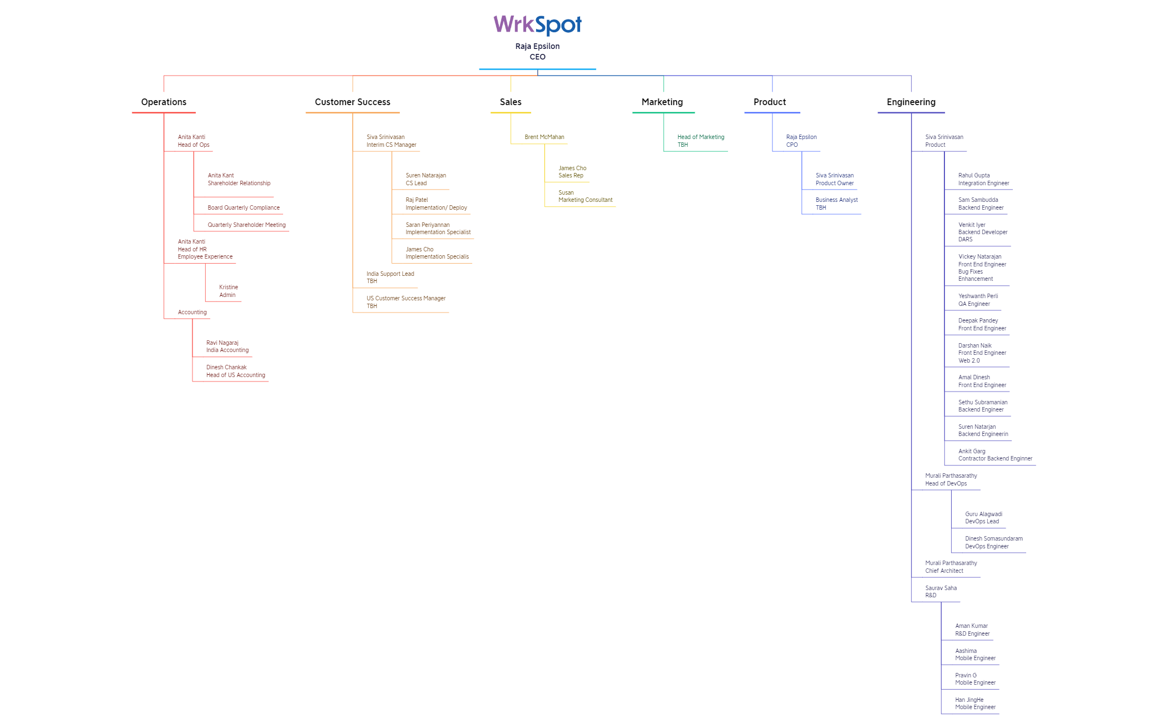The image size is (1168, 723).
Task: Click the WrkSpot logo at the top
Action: (537, 24)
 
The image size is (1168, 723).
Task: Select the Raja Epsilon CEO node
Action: (537, 51)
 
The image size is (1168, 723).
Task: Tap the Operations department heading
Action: (164, 102)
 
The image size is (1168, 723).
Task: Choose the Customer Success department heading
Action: (353, 102)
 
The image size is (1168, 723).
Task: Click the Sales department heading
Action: (511, 102)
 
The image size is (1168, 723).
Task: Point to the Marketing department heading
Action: (662, 102)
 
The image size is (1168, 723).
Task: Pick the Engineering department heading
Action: (911, 102)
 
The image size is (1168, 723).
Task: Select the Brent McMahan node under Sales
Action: (545, 137)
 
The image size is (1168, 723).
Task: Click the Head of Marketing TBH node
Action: (701, 141)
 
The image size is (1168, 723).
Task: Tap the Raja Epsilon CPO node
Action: (801, 141)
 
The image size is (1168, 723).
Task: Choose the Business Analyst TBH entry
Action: (837, 204)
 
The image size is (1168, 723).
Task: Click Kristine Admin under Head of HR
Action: (229, 291)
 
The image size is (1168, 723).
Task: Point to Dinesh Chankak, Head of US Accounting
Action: (236, 371)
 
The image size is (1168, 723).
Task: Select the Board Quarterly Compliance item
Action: (244, 207)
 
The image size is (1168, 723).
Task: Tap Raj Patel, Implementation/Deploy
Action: (436, 204)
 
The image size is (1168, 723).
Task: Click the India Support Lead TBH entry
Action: (390, 277)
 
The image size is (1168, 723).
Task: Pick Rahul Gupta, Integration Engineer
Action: (983, 179)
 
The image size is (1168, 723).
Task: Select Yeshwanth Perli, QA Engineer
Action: (978, 300)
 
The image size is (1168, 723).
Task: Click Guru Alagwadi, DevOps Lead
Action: (983, 518)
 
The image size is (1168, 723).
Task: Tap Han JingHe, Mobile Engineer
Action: (975, 704)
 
